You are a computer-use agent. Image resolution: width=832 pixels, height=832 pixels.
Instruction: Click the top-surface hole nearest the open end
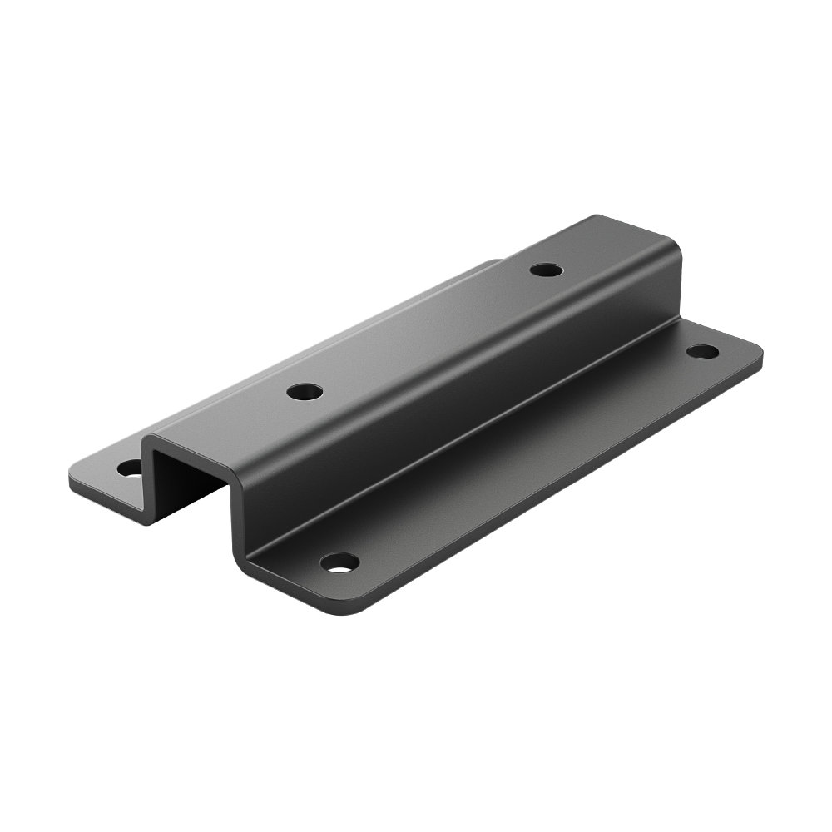tap(305, 390)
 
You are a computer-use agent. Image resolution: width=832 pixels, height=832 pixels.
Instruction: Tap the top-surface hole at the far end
tap(546, 270)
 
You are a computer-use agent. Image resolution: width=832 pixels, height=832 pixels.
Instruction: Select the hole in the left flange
tap(131, 468)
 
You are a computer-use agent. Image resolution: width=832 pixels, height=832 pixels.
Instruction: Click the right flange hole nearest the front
tap(339, 562)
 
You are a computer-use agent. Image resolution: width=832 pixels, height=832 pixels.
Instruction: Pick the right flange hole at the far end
tap(702, 351)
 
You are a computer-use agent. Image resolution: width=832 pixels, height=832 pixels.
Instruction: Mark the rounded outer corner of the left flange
tap(76, 483)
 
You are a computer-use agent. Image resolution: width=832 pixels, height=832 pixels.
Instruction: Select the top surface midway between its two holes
tap(424, 330)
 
